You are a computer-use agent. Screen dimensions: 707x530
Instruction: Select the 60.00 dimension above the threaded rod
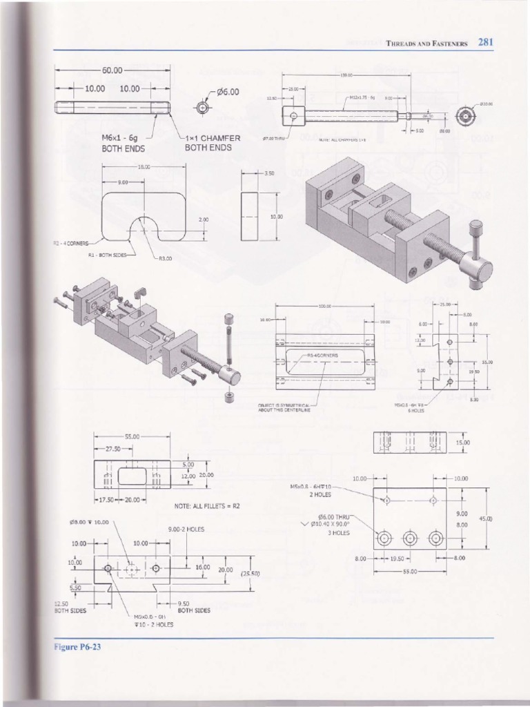point(112,70)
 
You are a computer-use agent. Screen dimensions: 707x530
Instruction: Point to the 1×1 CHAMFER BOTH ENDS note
point(213,143)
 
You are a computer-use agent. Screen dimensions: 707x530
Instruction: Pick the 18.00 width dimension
point(144,166)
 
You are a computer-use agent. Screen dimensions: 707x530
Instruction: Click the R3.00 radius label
point(166,259)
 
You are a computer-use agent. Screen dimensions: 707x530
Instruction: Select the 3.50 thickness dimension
point(268,174)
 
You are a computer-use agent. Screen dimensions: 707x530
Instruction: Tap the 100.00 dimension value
point(324,306)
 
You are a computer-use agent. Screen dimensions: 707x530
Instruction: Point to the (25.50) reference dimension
point(249,573)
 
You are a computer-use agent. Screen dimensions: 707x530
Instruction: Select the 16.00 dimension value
point(202,566)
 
